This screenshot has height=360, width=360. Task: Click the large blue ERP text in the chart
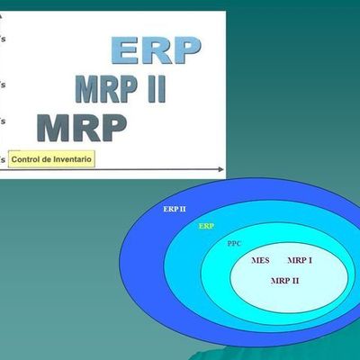click(156, 51)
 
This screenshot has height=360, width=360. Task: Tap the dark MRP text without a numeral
click(81, 129)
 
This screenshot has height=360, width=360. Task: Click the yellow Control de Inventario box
click(51, 158)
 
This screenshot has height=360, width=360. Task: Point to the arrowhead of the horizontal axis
click(220, 168)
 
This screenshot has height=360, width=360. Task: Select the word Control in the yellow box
click(29, 158)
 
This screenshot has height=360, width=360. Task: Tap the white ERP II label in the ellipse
click(175, 209)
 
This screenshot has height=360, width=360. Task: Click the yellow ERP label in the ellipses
click(206, 226)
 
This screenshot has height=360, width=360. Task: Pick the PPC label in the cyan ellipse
click(234, 243)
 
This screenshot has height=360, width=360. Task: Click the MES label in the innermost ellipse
click(260, 260)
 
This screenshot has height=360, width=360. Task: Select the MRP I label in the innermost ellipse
click(300, 260)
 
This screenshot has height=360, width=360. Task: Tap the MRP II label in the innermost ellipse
click(284, 281)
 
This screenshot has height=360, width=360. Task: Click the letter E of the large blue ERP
click(125, 51)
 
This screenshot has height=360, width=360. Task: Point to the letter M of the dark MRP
click(53, 129)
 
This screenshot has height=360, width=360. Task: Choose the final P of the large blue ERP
click(185, 51)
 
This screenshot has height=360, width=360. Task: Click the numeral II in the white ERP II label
click(183, 209)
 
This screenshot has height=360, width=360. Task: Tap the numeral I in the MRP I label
click(310, 260)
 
